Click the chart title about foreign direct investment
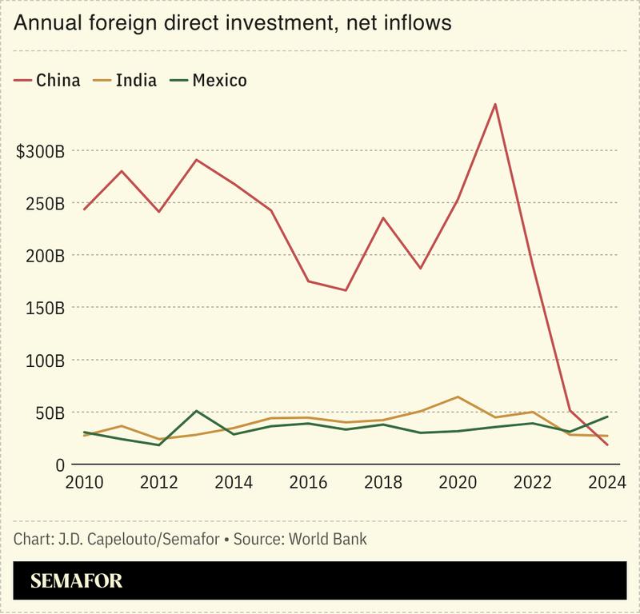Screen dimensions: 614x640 [233, 24]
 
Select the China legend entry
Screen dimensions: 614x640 [48, 80]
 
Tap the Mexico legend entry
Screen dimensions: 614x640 [210, 80]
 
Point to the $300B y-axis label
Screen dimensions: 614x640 [40, 151]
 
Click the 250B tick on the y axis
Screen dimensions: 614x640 [45, 203]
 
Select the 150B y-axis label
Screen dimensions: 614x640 [45, 308]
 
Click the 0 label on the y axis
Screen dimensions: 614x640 [59, 464]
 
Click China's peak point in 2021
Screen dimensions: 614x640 [495, 104]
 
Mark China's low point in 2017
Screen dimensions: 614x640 [346, 290]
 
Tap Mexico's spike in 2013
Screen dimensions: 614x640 [196, 411]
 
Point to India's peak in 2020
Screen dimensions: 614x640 [458, 397]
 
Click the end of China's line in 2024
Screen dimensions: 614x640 [607, 445]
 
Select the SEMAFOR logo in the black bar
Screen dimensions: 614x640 [76, 581]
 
